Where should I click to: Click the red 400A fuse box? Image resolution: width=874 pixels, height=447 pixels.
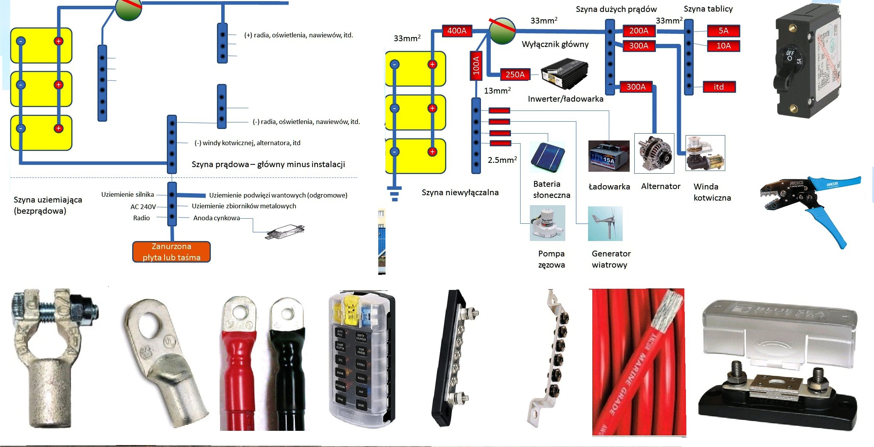point(457,31)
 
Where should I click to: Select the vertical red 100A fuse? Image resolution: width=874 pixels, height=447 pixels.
point(476,65)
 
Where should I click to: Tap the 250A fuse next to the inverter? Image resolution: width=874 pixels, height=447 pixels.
point(515,75)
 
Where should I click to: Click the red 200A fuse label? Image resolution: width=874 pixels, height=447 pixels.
point(639,31)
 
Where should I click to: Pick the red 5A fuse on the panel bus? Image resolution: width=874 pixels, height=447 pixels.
point(723,31)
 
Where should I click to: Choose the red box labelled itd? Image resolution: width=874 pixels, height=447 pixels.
point(719,87)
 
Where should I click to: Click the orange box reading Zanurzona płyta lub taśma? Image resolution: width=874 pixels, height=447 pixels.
point(171,252)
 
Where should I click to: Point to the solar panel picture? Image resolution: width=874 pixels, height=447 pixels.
point(547,156)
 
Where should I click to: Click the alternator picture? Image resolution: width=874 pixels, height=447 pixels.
point(654,153)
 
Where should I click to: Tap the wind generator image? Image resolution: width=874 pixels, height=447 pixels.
point(605,224)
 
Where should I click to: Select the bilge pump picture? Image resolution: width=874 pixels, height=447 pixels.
point(547,223)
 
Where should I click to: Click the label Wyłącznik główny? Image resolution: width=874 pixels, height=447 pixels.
point(555,44)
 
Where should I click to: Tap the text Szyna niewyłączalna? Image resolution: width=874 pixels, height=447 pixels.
point(460,193)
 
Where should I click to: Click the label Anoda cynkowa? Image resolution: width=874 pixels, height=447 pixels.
point(217,218)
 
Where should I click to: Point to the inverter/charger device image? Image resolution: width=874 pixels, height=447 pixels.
point(565,74)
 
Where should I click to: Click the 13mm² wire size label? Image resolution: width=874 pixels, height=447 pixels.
point(497,91)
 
